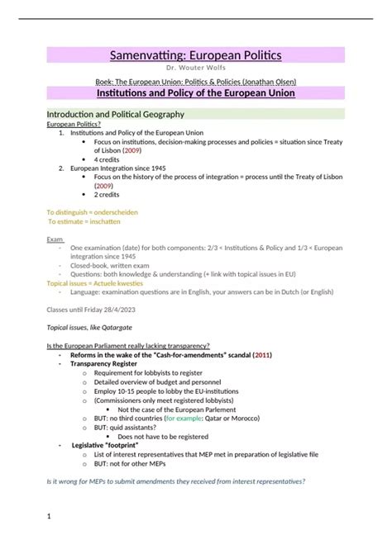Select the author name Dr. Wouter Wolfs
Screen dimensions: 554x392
(195, 69)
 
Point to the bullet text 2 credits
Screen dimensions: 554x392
(107, 195)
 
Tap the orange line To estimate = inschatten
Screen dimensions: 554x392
(84, 221)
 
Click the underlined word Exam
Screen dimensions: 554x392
(55, 239)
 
